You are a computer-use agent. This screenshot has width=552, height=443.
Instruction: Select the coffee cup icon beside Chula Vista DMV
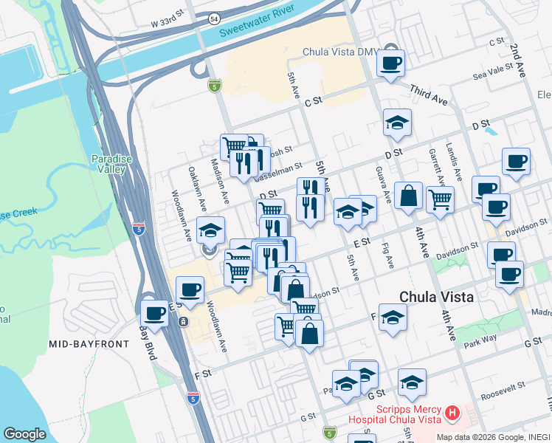[390, 63]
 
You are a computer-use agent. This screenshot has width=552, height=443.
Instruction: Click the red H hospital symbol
[453, 412]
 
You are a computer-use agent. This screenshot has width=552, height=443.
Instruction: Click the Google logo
[24, 434]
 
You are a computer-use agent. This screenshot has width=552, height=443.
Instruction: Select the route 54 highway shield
[213, 17]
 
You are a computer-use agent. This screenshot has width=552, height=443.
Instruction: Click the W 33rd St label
[167, 24]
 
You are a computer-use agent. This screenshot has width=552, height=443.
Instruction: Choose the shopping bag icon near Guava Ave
[408, 197]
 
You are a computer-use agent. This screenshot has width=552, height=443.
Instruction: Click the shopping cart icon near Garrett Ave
[440, 199]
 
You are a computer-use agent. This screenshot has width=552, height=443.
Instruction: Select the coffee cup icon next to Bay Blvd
[154, 314]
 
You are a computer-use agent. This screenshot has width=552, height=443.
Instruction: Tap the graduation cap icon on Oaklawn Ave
[210, 230]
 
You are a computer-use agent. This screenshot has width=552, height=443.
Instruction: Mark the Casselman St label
[278, 173]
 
